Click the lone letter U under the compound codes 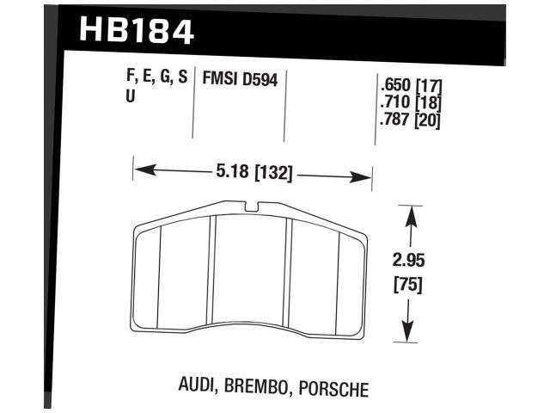click(x=130, y=97)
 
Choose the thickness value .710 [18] click(x=409, y=104)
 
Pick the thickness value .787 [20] click(x=409, y=120)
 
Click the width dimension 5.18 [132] click(x=253, y=173)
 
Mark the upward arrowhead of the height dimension click(x=411, y=215)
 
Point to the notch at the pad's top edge click(x=250, y=206)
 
